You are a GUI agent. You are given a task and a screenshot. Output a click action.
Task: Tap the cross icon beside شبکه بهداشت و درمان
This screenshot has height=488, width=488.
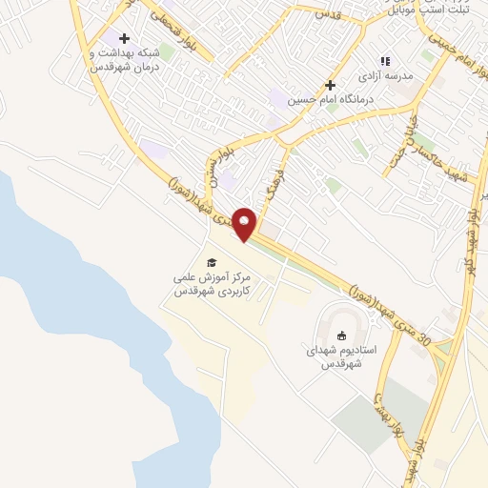(124, 38)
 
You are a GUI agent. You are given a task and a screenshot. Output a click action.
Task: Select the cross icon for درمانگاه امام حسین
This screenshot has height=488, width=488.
(330, 85)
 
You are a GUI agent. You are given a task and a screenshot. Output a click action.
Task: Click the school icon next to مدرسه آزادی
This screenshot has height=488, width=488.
(385, 60)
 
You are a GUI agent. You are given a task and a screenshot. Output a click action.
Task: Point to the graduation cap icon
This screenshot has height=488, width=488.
(212, 262)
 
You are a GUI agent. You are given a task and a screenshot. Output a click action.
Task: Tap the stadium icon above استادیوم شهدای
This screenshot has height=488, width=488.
(342, 335)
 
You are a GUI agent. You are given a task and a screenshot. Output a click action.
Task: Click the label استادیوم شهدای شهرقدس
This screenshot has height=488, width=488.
(342, 356)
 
